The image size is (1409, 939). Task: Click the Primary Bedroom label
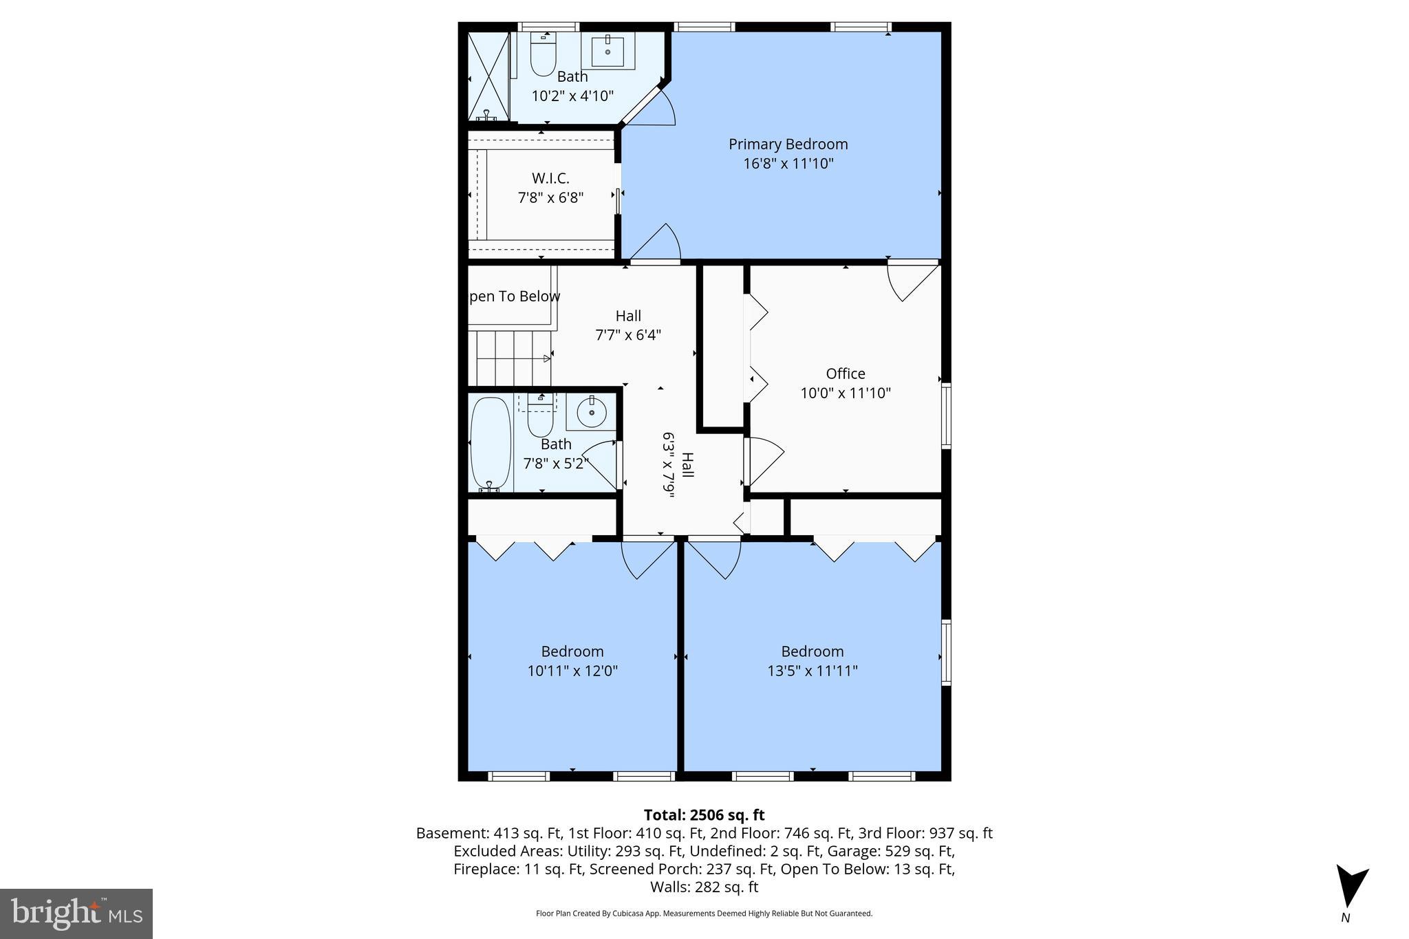point(788,144)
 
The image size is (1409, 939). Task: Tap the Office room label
point(846,374)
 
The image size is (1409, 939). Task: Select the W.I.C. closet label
point(550,178)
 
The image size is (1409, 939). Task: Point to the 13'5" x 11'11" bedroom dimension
point(813,671)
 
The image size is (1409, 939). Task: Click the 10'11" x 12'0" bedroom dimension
point(572,671)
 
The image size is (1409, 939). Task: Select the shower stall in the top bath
point(488,76)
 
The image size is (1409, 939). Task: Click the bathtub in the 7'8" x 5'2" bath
point(491,444)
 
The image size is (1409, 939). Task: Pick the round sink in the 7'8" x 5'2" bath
point(591,413)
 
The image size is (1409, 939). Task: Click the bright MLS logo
point(76,914)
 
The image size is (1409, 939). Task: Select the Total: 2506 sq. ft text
point(704,815)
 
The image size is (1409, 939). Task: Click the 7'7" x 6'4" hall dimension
point(628,335)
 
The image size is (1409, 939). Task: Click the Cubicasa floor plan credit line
point(704,914)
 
